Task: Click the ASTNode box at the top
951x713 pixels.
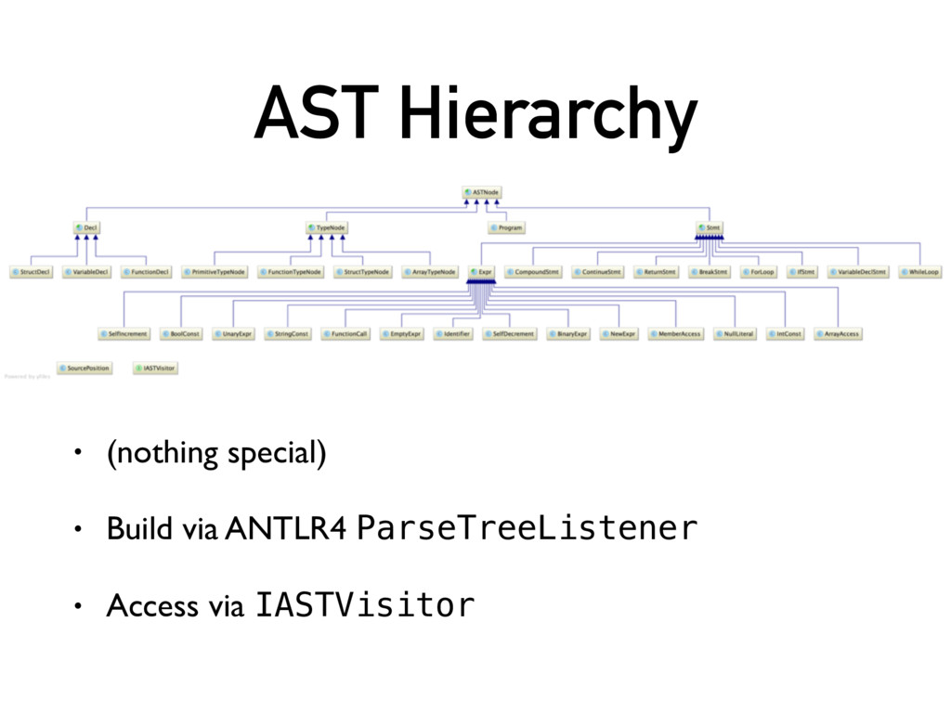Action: click(x=482, y=192)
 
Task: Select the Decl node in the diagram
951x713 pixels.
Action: click(x=86, y=227)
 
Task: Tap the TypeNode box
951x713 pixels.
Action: click(x=325, y=227)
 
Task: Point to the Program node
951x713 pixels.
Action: click(x=506, y=227)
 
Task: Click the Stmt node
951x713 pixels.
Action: click(x=709, y=227)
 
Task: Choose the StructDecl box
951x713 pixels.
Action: click(x=32, y=272)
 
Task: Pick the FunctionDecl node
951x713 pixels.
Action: click(x=146, y=272)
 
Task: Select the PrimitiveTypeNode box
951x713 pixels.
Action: click(x=215, y=272)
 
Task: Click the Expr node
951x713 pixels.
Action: click(x=481, y=272)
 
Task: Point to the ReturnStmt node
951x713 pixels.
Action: click(x=656, y=272)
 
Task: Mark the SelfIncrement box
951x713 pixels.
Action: click(x=124, y=333)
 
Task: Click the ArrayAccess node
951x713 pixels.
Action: click(x=838, y=333)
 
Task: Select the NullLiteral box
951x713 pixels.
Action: click(x=735, y=333)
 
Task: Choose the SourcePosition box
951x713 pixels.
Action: click(x=85, y=368)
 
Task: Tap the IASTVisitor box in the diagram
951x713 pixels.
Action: click(x=155, y=368)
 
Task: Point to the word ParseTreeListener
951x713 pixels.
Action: click(x=527, y=528)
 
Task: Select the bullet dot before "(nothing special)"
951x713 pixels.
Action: click(x=80, y=454)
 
